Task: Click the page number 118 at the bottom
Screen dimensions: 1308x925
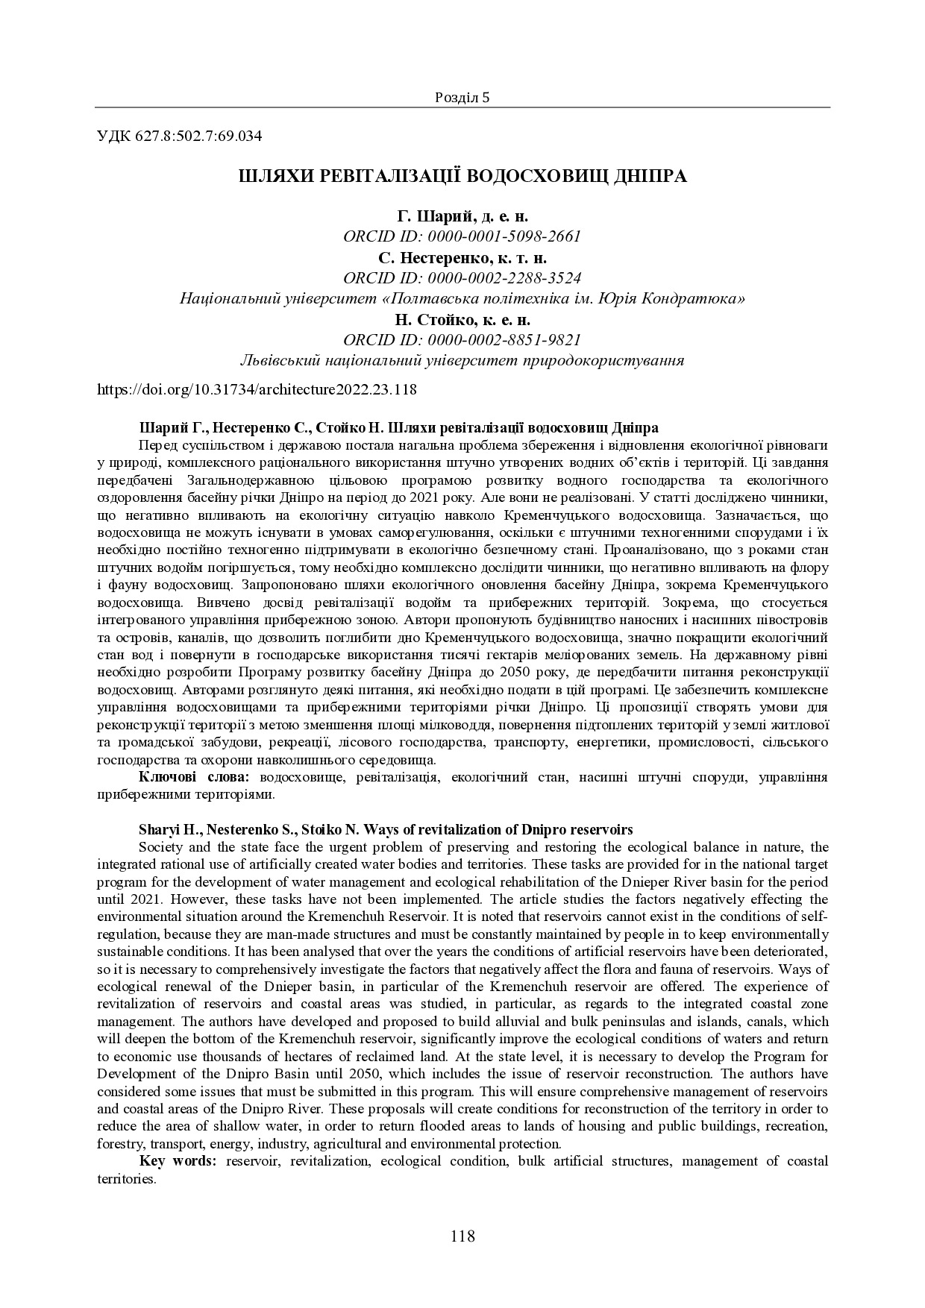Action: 462,1236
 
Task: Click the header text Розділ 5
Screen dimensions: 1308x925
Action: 462,98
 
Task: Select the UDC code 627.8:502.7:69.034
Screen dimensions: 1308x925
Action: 198,136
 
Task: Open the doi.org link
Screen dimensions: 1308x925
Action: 257,389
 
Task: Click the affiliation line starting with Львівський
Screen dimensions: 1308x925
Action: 462,361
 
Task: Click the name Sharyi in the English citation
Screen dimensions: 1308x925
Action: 157,830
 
